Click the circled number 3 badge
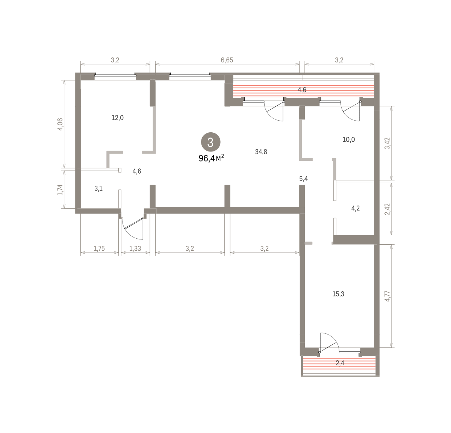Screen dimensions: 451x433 (210, 142)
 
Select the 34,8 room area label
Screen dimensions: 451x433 (261, 152)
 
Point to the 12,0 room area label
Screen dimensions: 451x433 (118, 118)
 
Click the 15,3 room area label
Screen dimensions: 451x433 (338, 294)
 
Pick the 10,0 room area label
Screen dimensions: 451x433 (348, 139)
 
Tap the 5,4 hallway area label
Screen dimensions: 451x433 (303, 179)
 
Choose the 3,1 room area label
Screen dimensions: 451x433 (98, 188)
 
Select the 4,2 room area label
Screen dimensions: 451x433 (355, 208)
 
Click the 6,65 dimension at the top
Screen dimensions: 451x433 (227, 60)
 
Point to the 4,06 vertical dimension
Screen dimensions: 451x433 (60, 124)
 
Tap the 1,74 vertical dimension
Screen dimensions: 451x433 (60, 189)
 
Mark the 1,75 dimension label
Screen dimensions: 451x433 (99, 248)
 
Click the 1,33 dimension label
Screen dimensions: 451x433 (135, 248)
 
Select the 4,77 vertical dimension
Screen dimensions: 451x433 (387, 296)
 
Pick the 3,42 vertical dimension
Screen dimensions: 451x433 (387, 143)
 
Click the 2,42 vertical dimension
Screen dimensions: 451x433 (387, 209)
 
